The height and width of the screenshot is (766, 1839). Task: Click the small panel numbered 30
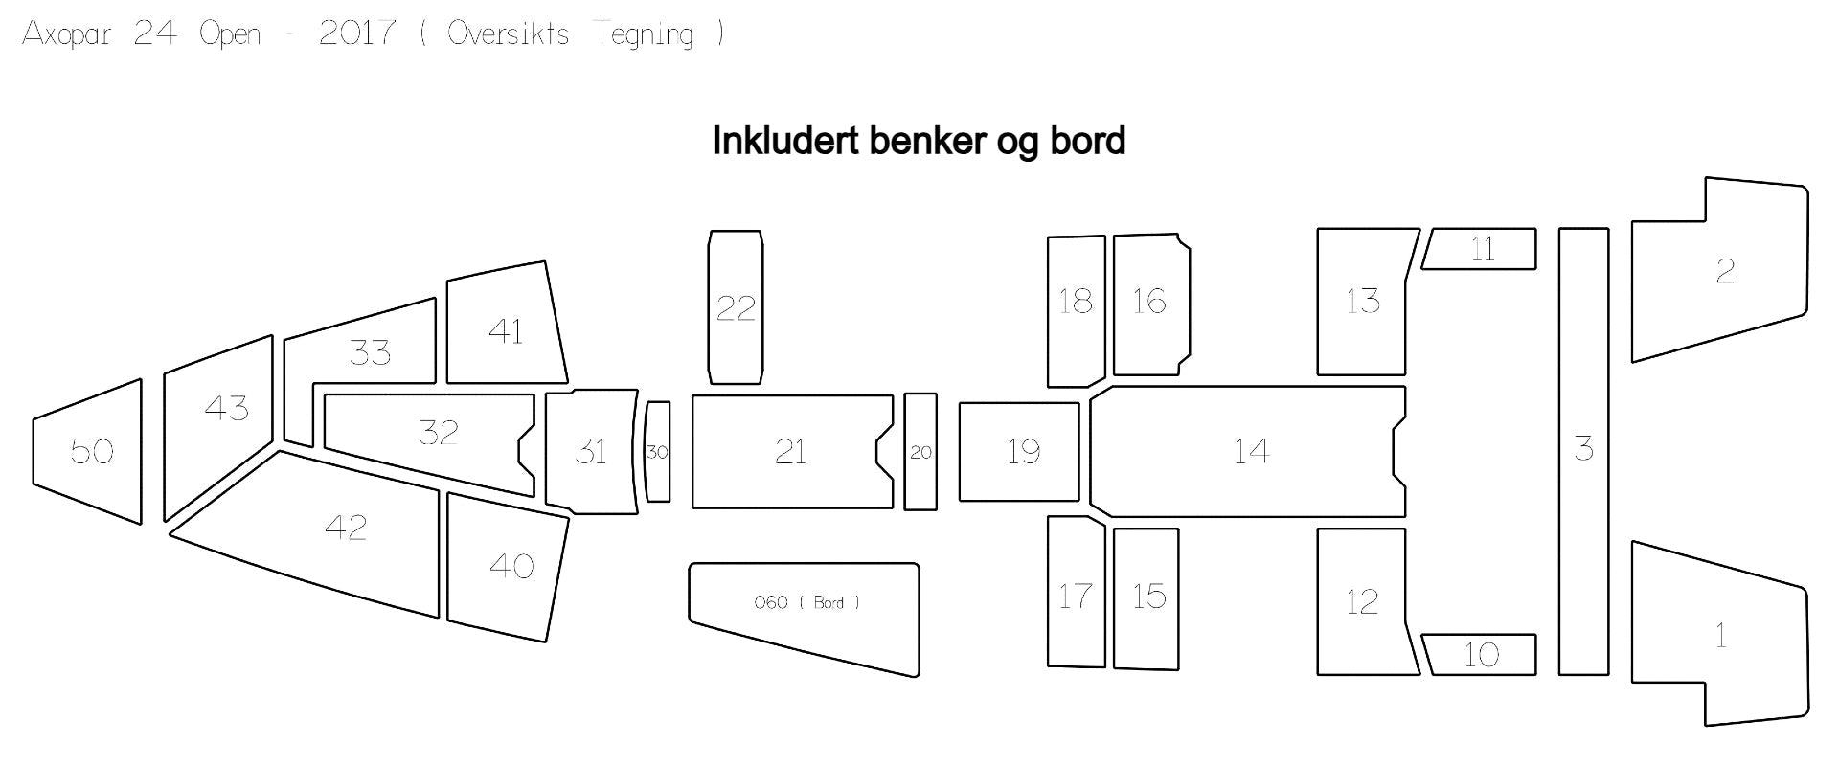pos(657,452)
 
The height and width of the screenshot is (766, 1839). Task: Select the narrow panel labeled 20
pos(920,452)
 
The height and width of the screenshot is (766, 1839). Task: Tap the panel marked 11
pos(1479,249)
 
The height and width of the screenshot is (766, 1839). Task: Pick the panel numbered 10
pos(1479,655)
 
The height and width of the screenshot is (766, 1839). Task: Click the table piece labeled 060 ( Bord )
pos(805,613)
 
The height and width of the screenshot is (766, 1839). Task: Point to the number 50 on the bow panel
pos(92,451)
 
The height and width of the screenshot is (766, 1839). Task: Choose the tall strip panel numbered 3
pos(1583,451)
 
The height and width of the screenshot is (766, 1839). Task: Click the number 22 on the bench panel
pos(736,307)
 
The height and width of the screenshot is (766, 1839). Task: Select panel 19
pos(1019,452)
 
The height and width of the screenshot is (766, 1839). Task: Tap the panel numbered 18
pos(1076,311)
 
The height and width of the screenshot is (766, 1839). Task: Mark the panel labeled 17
pos(1076,592)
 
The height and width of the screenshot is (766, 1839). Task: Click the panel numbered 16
pos(1150,304)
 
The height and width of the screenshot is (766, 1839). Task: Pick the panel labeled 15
pos(1147,598)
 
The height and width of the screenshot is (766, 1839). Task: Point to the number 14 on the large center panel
pos(1252,451)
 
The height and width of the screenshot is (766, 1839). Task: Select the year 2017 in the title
pos(356,34)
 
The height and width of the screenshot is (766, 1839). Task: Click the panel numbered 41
pos(506,324)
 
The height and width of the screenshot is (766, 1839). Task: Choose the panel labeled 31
pos(591,452)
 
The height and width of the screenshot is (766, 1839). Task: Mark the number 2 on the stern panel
pos(1725,271)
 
